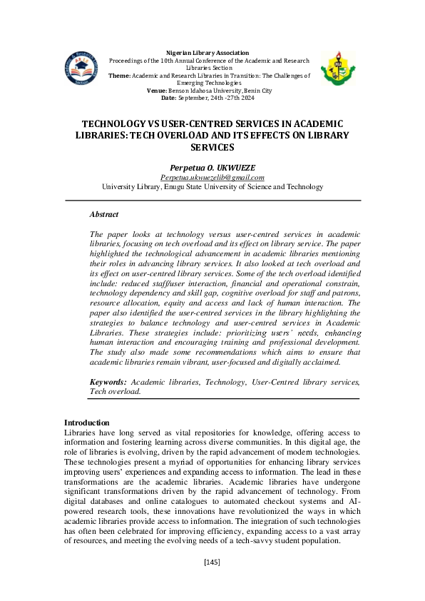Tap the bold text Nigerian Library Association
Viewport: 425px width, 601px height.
(x=208, y=53)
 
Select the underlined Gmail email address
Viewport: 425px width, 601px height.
(x=212, y=177)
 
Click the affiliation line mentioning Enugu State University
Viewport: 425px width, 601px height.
(x=212, y=186)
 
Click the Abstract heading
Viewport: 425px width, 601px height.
(x=104, y=214)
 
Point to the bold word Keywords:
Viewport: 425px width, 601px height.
(x=108, y=383)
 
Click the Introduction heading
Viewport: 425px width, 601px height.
(x=86, y=423)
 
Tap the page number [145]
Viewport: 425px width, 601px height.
(x=212, y=562)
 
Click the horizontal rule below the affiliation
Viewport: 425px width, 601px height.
(x=212, y=201)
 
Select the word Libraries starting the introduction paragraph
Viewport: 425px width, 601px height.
(x=78, y=433)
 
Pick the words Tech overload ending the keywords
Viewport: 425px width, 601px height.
(x=115, y=391)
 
